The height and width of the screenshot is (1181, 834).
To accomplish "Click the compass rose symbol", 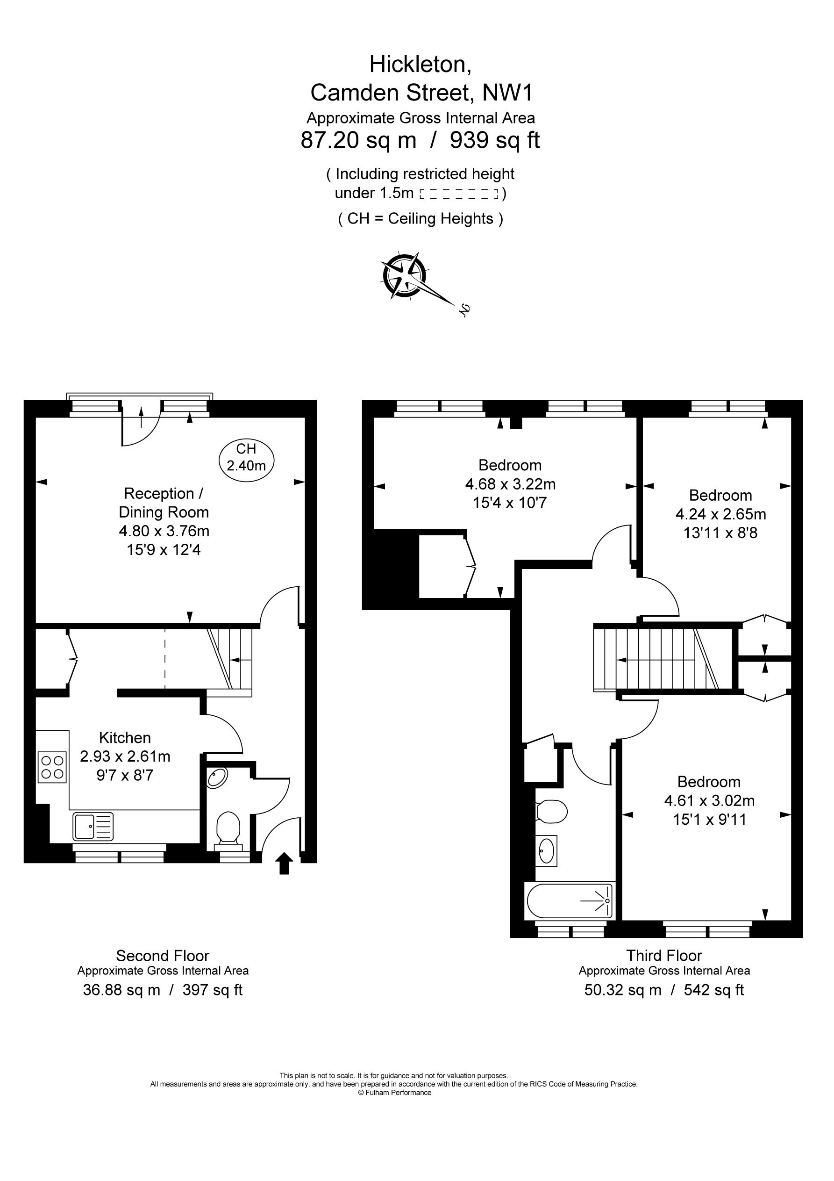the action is (x=404, y=275).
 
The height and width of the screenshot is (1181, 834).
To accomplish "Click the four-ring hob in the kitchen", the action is (x=52, y=767).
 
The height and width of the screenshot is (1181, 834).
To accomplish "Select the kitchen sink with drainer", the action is (x=93, y=826).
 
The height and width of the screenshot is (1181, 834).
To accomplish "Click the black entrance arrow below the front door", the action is (x=285, y=863).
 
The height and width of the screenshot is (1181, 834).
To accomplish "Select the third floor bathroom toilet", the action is (x=551, y=811).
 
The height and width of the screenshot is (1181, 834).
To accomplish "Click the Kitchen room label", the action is (x=125, y=738).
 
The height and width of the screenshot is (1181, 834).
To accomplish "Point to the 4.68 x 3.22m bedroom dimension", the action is (x=511, y=484).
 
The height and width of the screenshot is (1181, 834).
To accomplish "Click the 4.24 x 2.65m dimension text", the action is (x=721, y=514).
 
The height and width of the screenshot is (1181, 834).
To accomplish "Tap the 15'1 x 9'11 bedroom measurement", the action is (x=710, y=819).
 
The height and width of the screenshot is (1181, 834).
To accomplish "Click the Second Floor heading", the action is (x=163, y=956).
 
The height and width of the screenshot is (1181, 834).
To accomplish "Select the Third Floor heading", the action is (x=664, y=955).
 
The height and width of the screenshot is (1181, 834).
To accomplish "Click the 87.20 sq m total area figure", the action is (x=358, y=140).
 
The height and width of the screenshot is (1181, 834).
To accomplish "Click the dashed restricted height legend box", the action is (x=460, y=194).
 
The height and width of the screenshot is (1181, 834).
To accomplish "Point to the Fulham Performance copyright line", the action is (x=395, y=1093).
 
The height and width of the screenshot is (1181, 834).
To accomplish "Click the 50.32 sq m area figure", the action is (x=623, y=990).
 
